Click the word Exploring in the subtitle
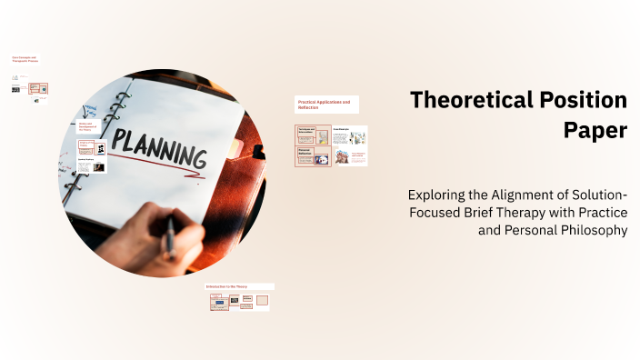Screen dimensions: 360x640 (439, 195)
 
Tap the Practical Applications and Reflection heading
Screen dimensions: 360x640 (325, 104)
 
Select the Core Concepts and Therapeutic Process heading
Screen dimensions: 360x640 (25, 59)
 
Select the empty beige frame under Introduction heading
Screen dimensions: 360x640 (262, 300)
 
